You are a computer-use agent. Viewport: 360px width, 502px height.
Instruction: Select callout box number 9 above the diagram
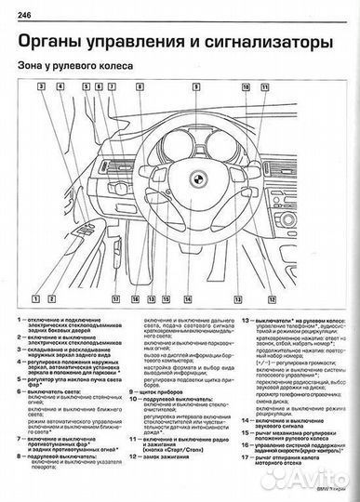tap(195, 86)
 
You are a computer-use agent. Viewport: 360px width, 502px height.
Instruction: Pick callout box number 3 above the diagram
tap(42, 86)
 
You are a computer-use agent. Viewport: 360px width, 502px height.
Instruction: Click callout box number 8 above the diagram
tap(139, 86)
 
